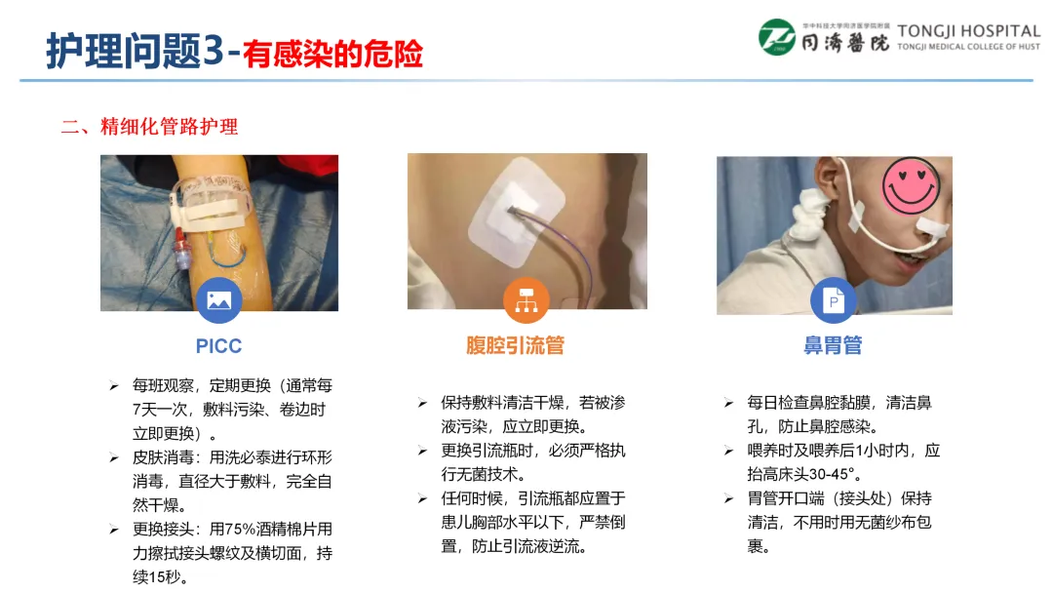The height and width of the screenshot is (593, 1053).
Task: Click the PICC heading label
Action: tap(218, 346)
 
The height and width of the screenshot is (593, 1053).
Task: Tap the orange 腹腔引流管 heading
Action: tap(515, 345)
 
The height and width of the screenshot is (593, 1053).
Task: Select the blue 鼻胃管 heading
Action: tap(833, 345)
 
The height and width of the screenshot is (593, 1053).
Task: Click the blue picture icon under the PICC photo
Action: tap(219, 300)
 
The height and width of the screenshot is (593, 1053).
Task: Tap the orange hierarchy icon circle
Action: tap(526, 300)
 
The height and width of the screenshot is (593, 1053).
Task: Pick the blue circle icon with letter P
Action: tap(834, 300)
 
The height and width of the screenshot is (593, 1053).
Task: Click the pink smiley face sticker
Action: tap(911, 185)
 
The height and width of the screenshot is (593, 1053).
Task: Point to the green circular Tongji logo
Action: tap(777, 37)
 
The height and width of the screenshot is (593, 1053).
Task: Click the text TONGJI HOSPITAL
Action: tap(968, 31)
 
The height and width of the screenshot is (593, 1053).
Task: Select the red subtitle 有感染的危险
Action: tap(333, 54)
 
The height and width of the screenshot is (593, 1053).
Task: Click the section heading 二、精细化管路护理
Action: tap(149, 126)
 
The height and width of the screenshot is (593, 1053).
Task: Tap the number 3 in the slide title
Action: tap(213, 51)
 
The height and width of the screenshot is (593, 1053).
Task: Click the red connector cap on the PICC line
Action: tap(180, 235)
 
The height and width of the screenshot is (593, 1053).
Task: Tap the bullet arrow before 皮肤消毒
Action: tap(114, 458)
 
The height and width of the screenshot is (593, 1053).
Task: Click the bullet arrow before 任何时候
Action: tap(422, 499)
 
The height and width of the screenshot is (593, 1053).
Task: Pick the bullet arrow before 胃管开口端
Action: tap(729, 499)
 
